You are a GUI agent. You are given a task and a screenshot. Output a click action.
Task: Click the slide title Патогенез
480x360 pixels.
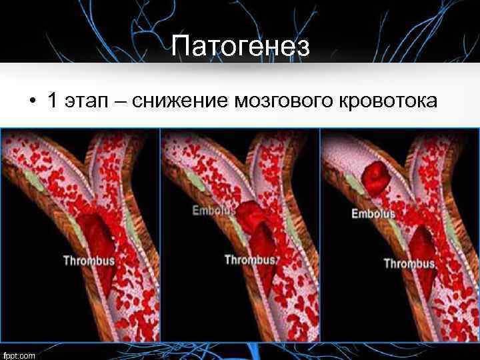click(x=240, y=47)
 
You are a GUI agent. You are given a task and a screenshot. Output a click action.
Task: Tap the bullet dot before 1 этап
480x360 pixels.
click(x=31, y=103)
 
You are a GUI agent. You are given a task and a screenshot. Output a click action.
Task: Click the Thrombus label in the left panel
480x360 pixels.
click(x=89, y=260)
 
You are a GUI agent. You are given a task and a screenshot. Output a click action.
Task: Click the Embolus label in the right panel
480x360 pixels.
click(x=373, y=214)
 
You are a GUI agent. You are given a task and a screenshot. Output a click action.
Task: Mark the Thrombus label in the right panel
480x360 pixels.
click(x=409, y=263)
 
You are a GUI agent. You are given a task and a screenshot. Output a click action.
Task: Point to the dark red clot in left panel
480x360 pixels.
click(x=100, y=233)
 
